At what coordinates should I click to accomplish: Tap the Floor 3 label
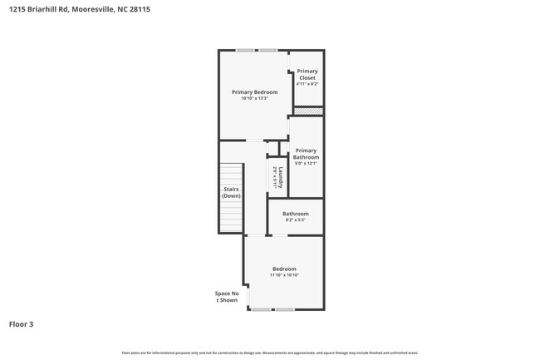pos(22,324)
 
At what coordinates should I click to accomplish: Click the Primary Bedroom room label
pos(254,92)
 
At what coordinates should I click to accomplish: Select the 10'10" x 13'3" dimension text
pos(254,99)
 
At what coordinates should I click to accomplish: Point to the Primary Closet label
pos(307,75)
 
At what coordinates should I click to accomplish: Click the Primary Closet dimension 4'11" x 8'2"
pos(307,84)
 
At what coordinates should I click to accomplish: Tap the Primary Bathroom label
pos(306,154)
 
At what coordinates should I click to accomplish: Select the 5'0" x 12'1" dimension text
pos(306,164)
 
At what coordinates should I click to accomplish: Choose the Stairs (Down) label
pos(231,192)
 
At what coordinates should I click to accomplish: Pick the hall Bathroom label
pos(296,214)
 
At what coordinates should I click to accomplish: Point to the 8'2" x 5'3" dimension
pos(296,220)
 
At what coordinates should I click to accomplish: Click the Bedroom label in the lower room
pos(284,269)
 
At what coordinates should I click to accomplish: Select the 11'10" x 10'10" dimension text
pos(284,275)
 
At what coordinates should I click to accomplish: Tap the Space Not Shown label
pos(227,297)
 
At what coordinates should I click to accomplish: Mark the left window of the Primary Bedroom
pos(245,51)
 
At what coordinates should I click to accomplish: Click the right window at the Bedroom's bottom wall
pos(285,309)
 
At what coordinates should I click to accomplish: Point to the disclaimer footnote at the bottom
pos(270,353)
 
